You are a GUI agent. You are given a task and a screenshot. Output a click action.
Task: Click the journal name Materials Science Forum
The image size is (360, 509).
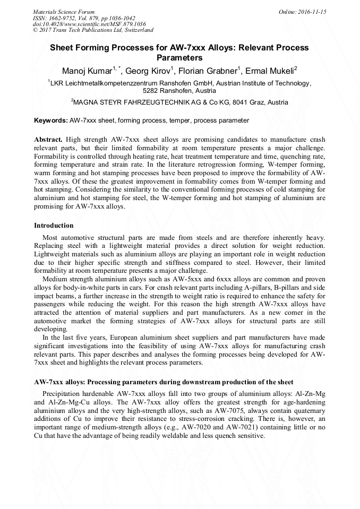(64, 11)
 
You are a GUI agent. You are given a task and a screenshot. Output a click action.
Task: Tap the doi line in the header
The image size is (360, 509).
(89, 24)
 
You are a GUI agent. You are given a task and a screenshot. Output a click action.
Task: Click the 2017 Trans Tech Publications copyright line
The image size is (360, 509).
(93, 30)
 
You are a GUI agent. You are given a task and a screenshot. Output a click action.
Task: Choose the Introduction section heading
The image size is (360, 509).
(54, 226)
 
